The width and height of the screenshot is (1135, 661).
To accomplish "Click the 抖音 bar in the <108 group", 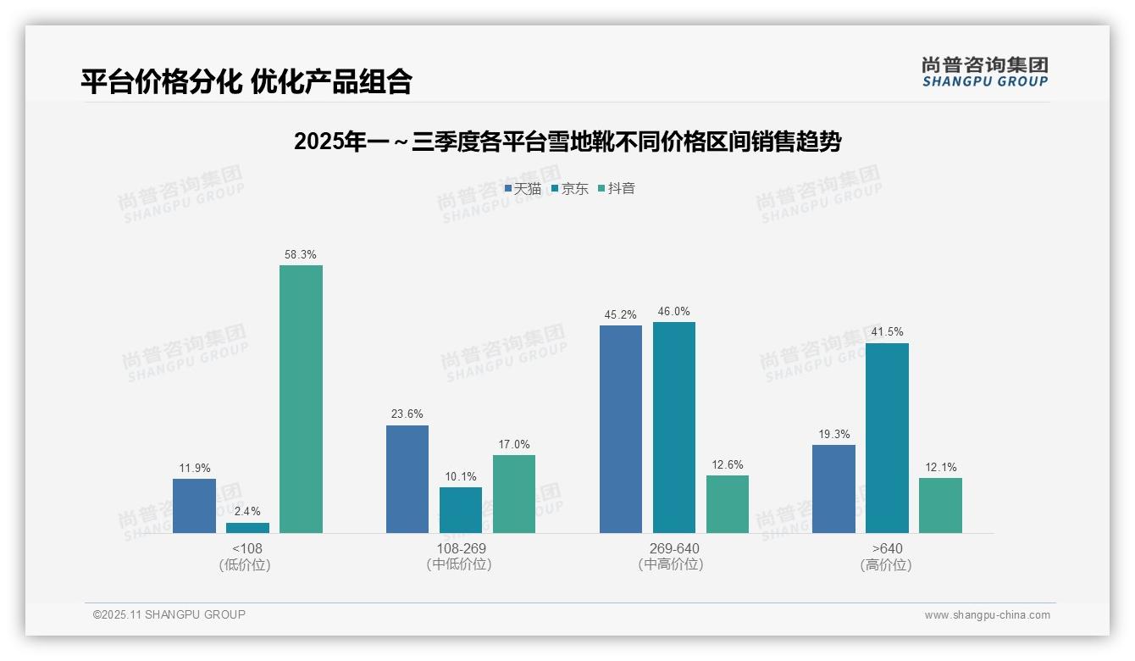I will click(x=301, y=399).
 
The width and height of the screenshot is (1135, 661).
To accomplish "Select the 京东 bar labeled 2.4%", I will click(x=247, y=528).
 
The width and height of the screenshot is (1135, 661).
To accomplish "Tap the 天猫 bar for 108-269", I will click(x=407, y=479).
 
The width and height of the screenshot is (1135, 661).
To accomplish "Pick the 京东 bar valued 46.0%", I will click(x=674, y=427).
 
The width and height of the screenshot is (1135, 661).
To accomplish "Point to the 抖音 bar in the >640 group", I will click(x=940, y=505).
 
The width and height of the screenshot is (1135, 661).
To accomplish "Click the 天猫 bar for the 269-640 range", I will click(x=621, y=429).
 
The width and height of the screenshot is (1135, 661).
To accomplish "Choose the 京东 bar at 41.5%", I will click(x=887, y=437).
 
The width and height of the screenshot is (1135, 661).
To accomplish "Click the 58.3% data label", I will click(x=301, y=254).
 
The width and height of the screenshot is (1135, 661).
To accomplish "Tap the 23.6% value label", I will click(x=407, y=414).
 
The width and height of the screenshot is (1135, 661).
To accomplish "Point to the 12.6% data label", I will click(x=728, y=464).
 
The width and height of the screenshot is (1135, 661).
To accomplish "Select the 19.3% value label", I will click(x=833, y=434).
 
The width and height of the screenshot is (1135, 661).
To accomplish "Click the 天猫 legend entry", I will click(x=523, y=188).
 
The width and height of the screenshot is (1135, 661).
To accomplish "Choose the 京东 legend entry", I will click(x=569, y=188).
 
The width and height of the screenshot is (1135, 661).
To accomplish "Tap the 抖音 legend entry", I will click(x=617, y=188).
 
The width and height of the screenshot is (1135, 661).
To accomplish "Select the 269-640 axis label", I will click(x=674, y=548).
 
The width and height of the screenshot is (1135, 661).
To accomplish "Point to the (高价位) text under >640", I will click(x=886, y=564).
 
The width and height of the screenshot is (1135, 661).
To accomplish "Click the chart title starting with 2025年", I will click(x=567, y=142).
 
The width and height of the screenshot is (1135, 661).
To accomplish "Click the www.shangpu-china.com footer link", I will click(x=987, y=615).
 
